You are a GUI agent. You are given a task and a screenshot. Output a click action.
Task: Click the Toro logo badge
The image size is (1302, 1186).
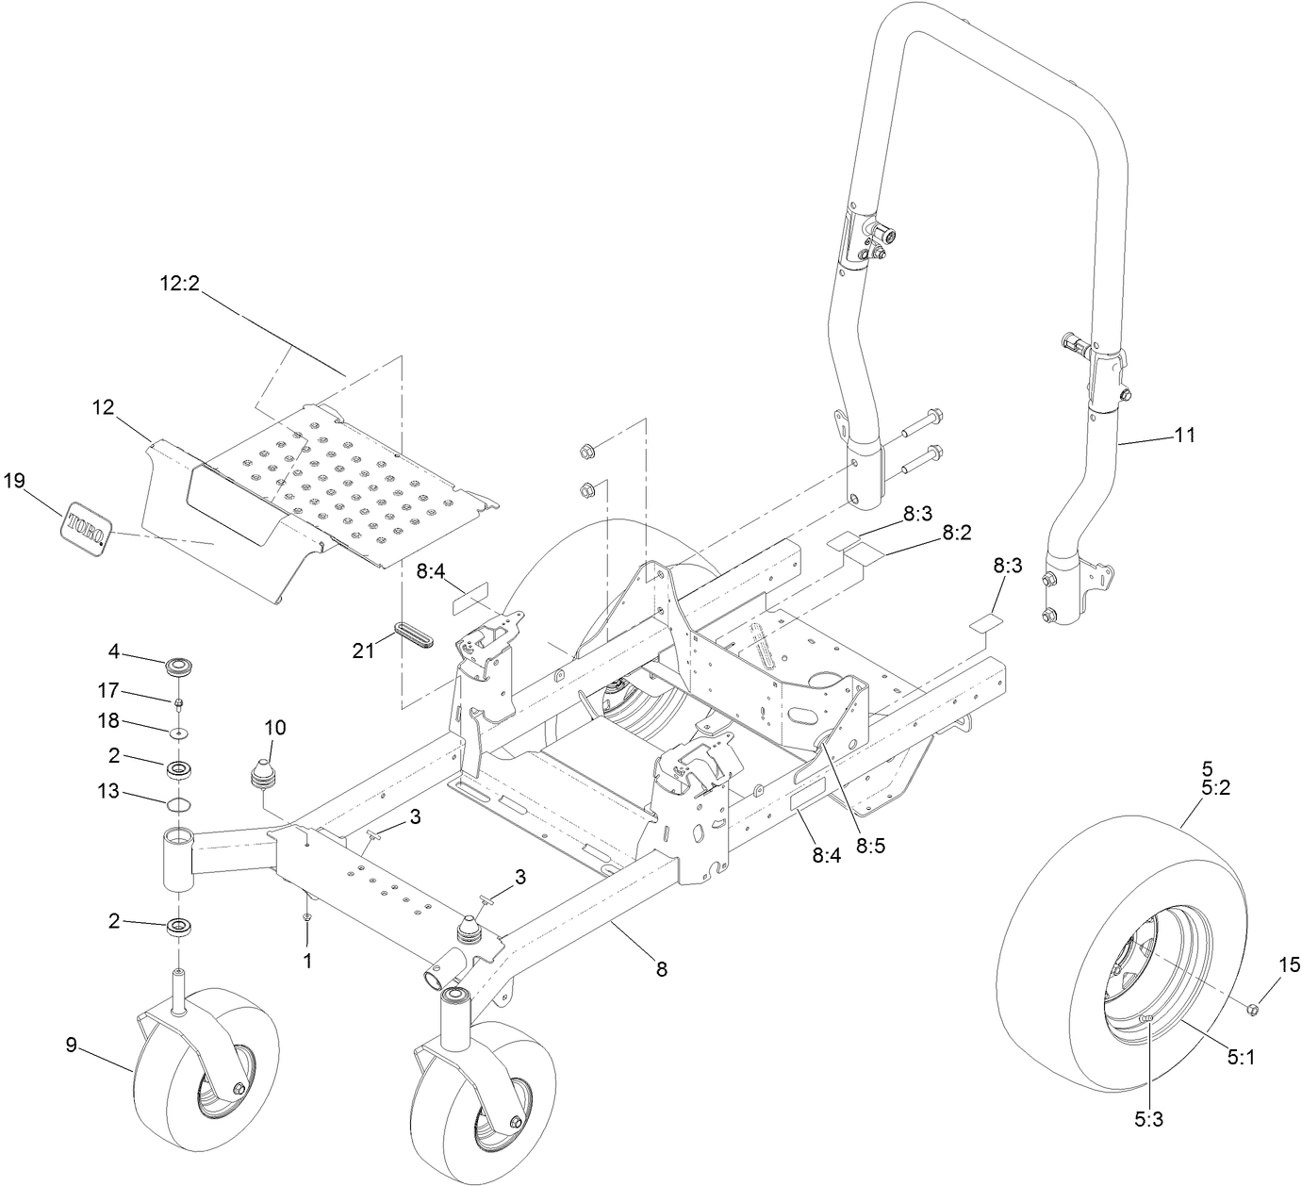[86, 527]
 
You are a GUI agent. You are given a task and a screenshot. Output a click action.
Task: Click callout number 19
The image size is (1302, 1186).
[13, 481]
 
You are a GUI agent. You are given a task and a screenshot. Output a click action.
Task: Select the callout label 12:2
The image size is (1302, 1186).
[178, 283]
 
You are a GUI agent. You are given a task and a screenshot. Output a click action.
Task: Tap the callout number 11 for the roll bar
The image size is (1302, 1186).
[1184, 435]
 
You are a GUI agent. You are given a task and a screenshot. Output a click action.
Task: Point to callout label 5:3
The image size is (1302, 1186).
[1148, 1119]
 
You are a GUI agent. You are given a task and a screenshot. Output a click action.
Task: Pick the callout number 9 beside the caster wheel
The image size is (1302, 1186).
[71, 1044]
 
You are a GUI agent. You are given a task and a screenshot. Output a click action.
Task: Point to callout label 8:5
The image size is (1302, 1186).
[871, 846]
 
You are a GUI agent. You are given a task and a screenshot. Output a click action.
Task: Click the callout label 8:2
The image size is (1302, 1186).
[956, 534]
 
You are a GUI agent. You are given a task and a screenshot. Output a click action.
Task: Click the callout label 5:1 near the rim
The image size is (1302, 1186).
[1241, 1058]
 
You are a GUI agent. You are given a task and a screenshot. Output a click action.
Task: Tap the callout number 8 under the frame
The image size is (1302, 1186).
[662, 968]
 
